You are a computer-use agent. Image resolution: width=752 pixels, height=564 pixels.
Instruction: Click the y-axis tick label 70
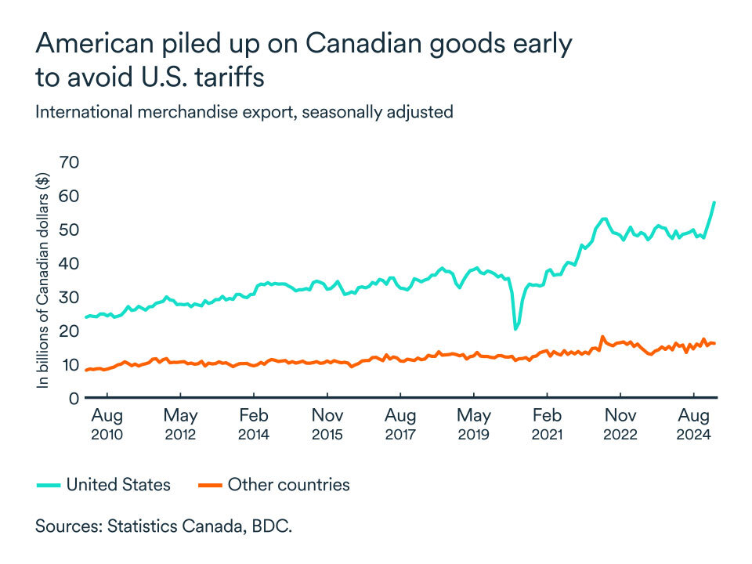[x=70, y=162]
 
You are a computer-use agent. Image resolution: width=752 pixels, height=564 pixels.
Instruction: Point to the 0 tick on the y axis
[x=74, y=399]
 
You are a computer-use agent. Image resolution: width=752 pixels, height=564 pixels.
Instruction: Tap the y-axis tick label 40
[x=70, y=263]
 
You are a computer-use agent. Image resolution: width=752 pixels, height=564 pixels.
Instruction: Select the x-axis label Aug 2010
[x=107, y=423]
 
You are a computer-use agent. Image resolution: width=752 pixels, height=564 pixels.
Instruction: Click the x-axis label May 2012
[x=181, y=423]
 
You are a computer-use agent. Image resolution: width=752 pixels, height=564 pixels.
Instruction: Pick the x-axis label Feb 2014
[x=254, y=423]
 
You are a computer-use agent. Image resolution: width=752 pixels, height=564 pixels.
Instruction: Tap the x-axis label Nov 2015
[x=327, y=423]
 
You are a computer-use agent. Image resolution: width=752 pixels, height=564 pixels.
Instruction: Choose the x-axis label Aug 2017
[x=400, y=423]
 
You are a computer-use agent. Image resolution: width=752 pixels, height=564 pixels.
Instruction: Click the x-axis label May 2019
[x=473, y=423]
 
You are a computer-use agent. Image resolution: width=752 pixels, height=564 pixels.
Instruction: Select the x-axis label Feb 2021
[x=547, y=423]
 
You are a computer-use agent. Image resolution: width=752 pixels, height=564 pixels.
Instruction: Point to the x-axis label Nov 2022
[x=620, y=423]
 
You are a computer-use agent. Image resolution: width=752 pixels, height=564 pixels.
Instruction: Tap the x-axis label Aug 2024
[x=693, y=423]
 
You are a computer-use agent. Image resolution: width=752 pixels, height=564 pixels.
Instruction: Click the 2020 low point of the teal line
[x=515, y=328]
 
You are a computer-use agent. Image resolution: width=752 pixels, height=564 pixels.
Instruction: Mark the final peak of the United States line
[x=714, y=202]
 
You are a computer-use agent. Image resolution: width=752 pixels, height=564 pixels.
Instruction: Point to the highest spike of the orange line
[x=602, y=337]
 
